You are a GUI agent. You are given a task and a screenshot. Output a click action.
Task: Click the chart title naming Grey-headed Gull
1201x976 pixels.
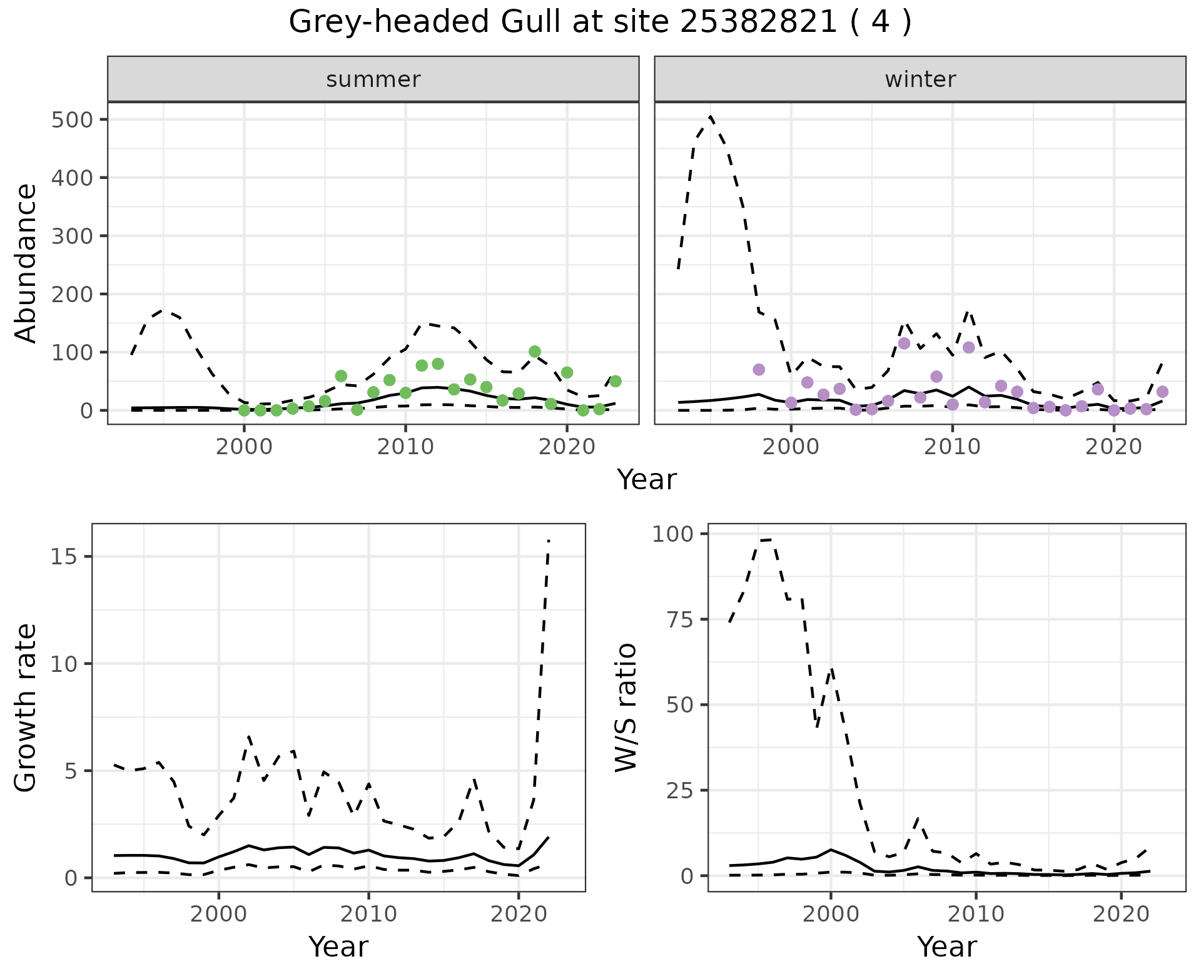tap(600, 23)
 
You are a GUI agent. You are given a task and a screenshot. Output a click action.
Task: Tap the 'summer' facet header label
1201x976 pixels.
tap(373, 79)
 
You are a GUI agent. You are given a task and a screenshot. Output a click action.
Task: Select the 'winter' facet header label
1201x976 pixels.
tap(920, 79)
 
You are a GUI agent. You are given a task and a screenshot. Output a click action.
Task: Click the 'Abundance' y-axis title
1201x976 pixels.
tap(26, 263)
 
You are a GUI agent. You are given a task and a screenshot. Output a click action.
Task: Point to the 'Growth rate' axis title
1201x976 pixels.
tap(26, 707)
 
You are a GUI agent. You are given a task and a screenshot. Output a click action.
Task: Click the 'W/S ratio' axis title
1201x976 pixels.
tap(626, 707)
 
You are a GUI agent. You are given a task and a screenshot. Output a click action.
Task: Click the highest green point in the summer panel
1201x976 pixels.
tap(534, 352)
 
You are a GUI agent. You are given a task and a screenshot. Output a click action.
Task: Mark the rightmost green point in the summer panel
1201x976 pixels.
tap(615, 381)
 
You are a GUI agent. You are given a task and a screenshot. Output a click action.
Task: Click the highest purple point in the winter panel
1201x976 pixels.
tap(904, 343)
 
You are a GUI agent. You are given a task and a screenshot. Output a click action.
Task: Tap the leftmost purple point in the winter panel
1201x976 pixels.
tap(759, 370)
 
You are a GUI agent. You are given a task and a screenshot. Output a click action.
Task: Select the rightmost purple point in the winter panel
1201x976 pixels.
tap(1162, 392)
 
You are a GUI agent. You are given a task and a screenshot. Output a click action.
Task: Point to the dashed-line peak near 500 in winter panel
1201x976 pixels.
tap(711, 117)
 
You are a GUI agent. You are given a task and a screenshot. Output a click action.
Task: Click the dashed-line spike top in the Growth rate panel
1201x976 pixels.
tap(549, 540)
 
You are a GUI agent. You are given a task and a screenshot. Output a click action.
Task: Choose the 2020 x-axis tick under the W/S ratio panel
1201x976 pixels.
tap(1122, 914)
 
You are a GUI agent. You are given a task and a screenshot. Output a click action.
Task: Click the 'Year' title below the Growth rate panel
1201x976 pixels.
tap(338, 947)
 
